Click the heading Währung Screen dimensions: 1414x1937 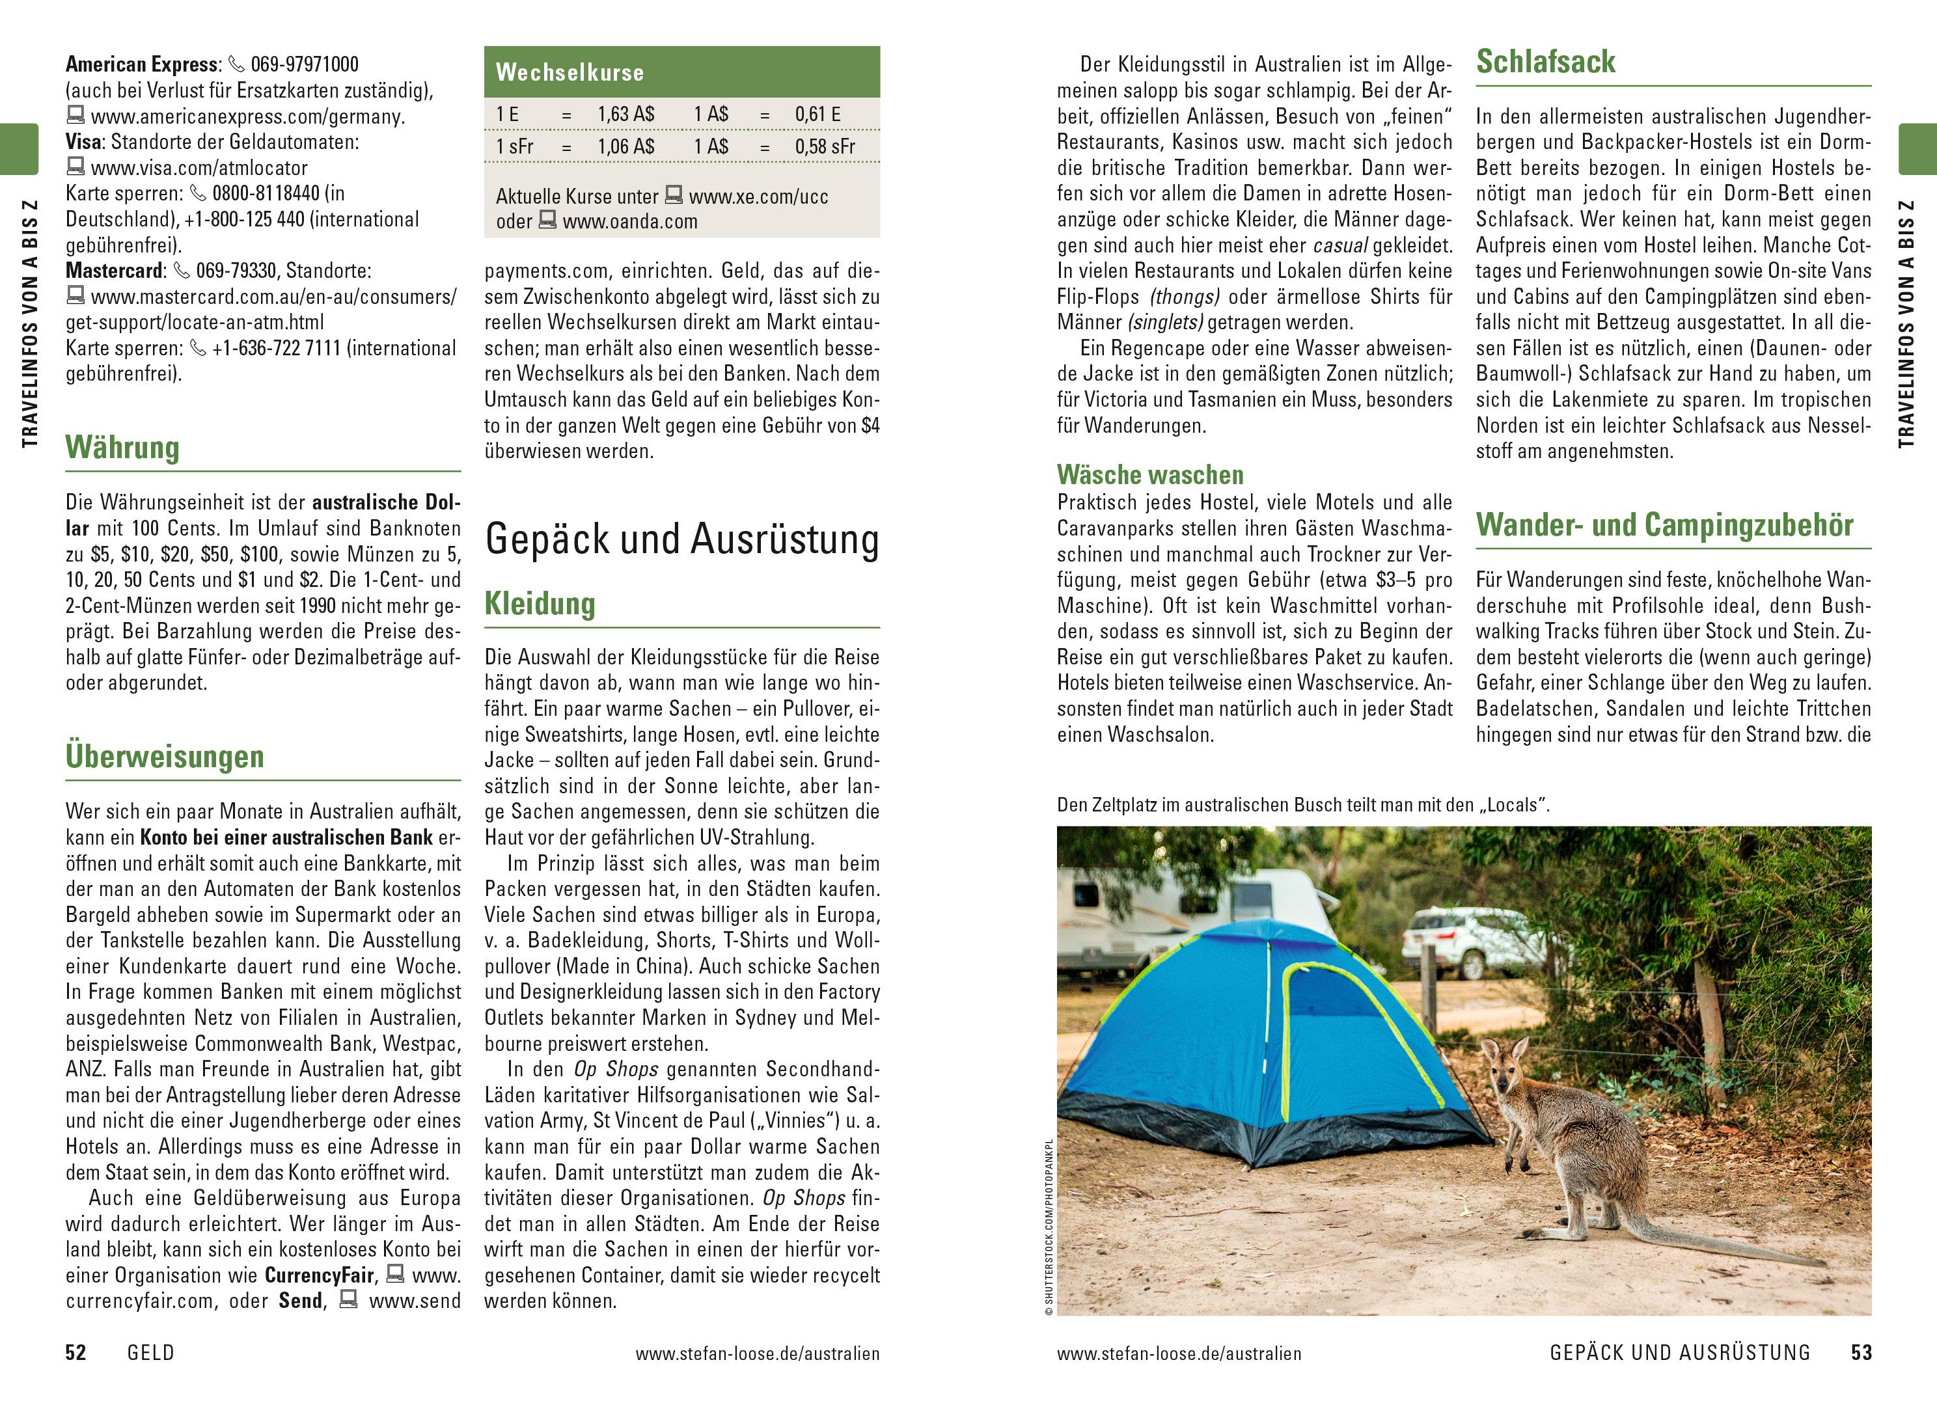pyautogui.click(x=122, y=448)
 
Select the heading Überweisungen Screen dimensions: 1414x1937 pyautogui.click(x=164, y=757)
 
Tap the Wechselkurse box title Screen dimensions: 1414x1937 pyautogui.click(x=570, y=73)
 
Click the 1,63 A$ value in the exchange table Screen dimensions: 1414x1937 pyautogui.click(x=625, y=115)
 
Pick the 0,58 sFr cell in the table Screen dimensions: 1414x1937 pyautogui.click(x=824, y=147)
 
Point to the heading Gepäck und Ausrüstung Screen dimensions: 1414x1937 pyautogui.click(x=681, y=540)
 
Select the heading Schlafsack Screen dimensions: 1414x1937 pyautogui.click(x=1545, y=62)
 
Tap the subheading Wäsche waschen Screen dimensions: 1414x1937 pyautogui.click(x=1149, y=475)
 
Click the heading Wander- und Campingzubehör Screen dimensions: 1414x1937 pyautogui.click(x=1664, y=524)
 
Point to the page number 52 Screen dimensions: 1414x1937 pyautogui.click(x=76, y=1352)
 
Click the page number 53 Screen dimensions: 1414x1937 pyautogui.click(x=1861, y=1352)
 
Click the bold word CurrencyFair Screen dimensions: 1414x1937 pyautogui.click(x=320, y=1275)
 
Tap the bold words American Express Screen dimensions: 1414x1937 pyautogui.click(x=141, y=64)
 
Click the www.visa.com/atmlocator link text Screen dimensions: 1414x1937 pyautogui.click(x=199, y=168)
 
